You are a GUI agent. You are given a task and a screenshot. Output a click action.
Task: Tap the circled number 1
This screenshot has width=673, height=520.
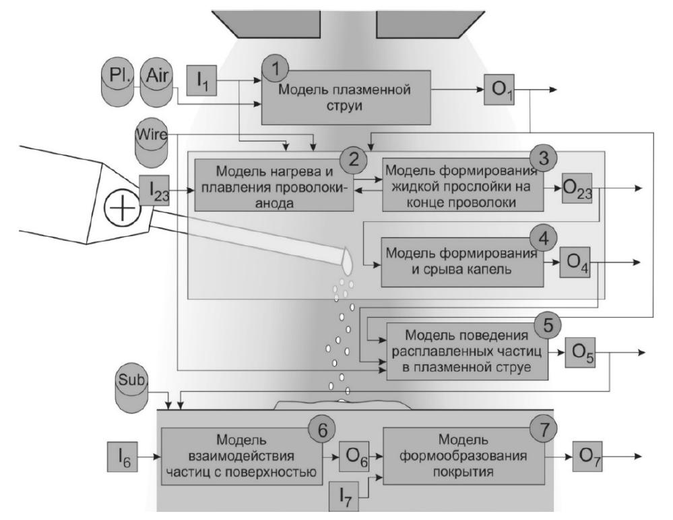tap(276, 67)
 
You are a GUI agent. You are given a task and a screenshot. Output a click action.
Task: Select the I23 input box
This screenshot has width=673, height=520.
tap(154, 192)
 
